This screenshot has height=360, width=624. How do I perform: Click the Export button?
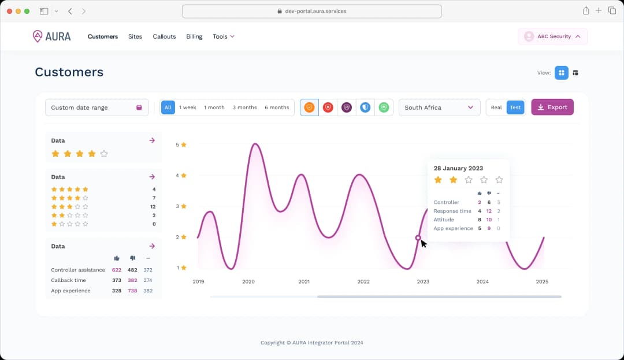tap(552, 107)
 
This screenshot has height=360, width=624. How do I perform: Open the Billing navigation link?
tap(194, 36)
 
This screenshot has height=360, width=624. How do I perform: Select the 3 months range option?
tap(244, 107)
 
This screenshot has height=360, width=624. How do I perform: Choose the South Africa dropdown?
tap(439, 107)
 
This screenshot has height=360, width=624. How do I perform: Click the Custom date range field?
tap(96, 107)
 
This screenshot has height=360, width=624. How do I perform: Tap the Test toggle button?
tap(515, 107)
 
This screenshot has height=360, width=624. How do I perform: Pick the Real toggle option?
tap(496, 107)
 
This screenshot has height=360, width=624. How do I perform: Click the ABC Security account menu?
tap(552, 36)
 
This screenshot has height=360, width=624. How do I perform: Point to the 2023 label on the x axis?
tap(423, 281)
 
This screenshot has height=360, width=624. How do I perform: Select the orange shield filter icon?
tap(310, 107)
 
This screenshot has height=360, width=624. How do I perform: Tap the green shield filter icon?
tap(384, 107)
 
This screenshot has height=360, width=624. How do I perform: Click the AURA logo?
tap(52, 36)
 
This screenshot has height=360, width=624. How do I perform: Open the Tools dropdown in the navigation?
tap(223, 36)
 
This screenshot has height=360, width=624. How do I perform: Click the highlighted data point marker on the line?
tap(418, 237)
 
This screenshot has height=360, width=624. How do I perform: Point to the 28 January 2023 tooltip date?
tap(458, 168)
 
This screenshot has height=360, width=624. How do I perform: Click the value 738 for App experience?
tap(132, 291)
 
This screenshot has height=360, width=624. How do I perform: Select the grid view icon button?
tap(561, 73)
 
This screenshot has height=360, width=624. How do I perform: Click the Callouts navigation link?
tap(164, 36)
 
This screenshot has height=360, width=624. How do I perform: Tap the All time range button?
tap(168, 107)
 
